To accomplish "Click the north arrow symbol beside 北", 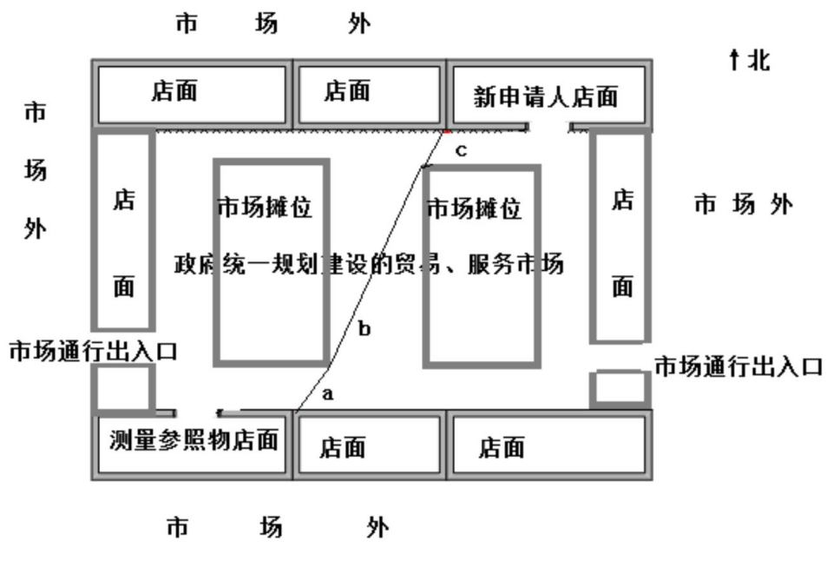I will click(734, 61).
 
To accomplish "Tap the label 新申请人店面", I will click(546, 96).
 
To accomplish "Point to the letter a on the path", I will click(327, 393).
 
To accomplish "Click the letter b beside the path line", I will click(364, 329).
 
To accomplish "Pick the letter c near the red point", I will click(461, 150).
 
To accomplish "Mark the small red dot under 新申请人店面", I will click(447, 130).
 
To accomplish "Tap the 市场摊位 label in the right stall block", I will click(475, 208).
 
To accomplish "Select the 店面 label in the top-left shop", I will click(174, 91).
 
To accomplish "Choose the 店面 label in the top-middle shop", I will click(347, 90).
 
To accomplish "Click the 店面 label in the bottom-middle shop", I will click(342, 447).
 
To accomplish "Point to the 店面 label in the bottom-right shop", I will click(502, 447).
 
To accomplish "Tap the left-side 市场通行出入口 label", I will click(93, 351).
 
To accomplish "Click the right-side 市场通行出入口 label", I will click(737, 366).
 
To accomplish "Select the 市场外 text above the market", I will click(272, 23).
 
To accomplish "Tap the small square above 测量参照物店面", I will click(124, 386).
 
